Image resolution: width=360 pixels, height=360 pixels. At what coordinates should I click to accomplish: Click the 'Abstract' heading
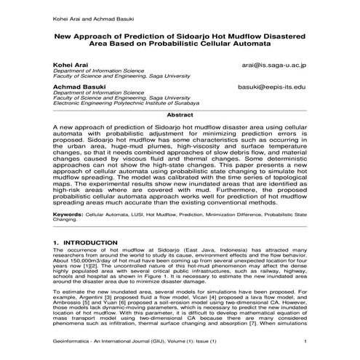click(x=180, y=115)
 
